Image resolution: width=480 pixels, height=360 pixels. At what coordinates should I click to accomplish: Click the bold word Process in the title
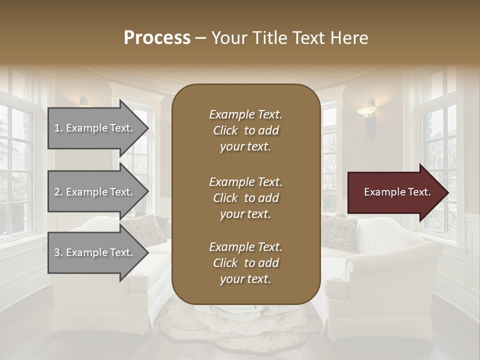157,38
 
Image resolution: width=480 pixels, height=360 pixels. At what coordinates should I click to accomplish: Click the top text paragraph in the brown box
245,130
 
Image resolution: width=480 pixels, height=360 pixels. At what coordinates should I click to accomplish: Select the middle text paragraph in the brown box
245,198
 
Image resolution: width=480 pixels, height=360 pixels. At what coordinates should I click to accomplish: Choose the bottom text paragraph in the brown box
245,263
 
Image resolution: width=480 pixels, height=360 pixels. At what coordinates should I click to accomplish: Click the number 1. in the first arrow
58,128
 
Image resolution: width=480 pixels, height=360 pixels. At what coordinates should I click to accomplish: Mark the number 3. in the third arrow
58,252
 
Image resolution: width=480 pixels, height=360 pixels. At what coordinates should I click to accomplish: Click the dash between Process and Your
200,38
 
